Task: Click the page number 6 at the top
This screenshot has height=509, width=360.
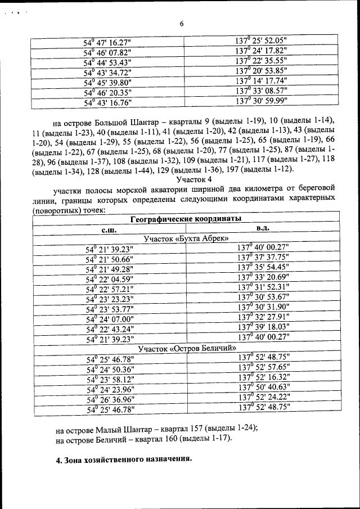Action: coord(182,23)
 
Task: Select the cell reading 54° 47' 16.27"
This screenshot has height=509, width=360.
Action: coord(107,42)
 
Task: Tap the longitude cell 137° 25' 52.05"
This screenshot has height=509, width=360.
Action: coord(261,41)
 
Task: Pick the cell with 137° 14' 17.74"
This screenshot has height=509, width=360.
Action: coord(261,82)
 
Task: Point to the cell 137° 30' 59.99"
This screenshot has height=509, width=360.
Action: coord(261,102)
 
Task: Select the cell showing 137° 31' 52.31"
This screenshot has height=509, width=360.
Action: coord(263,289)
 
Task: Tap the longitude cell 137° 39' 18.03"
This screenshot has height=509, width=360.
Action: coord(263,328)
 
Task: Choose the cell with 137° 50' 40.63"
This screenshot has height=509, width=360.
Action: coord(264,389)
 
